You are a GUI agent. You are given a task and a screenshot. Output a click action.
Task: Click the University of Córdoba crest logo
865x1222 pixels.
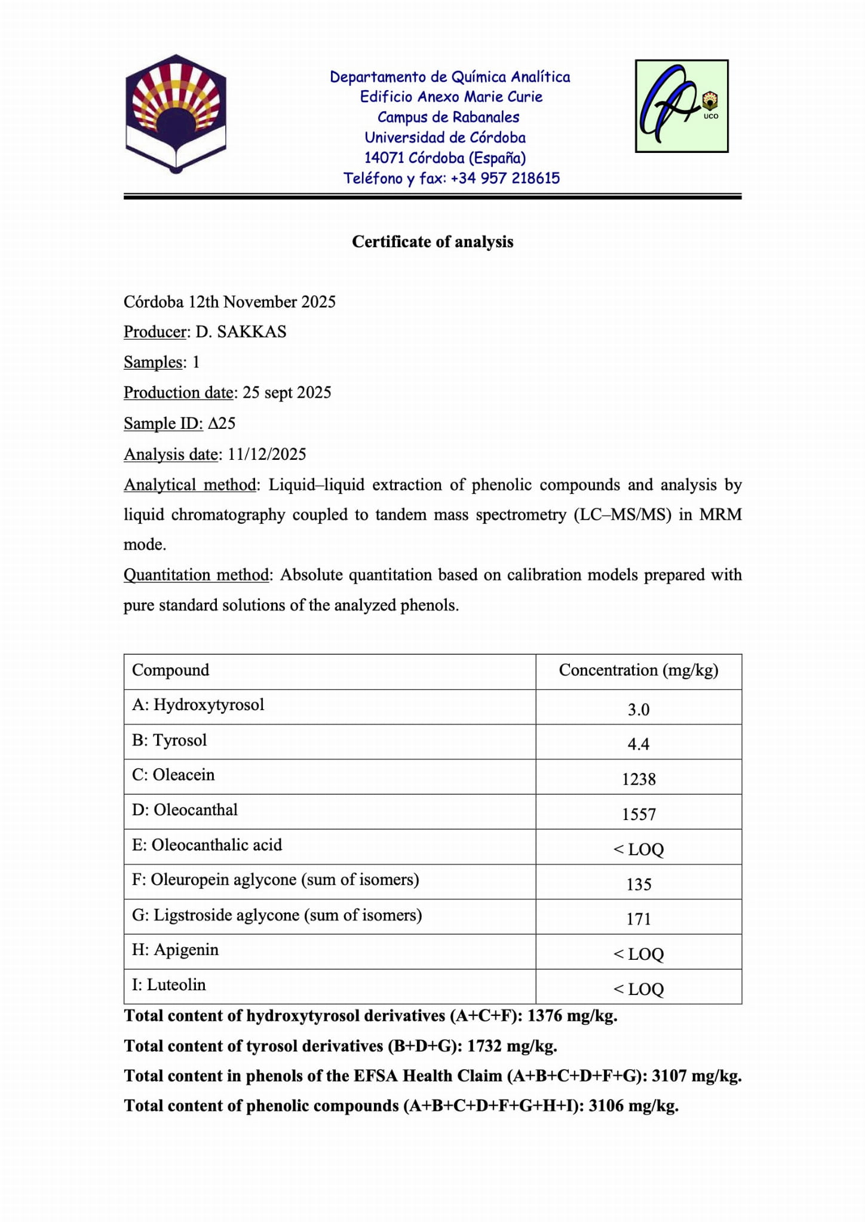(176, 113)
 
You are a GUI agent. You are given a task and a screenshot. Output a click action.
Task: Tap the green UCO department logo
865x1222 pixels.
(681, 106)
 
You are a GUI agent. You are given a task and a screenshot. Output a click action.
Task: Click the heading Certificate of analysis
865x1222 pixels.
(432, 242)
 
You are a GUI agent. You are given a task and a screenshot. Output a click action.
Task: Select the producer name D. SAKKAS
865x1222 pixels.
(241, 332)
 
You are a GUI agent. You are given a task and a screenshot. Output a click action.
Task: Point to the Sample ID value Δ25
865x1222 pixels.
(222, 423)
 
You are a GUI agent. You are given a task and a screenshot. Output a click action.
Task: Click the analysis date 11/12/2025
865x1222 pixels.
(267, 455)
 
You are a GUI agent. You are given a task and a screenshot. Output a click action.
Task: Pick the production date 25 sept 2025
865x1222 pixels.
(287, 393)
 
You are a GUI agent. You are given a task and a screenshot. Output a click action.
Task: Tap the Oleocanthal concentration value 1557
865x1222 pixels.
(639, 815)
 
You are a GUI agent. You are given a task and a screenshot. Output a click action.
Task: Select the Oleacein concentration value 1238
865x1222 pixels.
(639, 779)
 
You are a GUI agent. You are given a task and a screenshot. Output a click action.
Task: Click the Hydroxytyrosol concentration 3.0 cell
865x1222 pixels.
(639, 710)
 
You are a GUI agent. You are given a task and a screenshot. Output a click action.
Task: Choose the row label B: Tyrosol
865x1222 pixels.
(169, 741)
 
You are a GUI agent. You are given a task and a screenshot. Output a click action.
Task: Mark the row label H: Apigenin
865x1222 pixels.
(175, 950)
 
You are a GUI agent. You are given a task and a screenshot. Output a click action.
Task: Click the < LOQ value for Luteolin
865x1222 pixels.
(639, 990)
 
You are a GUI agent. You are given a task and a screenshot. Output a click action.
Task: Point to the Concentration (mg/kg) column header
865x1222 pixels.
(639, 671)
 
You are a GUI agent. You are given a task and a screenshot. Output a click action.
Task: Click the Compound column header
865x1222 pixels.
(171, 671)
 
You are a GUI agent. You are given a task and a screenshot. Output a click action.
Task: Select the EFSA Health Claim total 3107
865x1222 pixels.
(668, 1076)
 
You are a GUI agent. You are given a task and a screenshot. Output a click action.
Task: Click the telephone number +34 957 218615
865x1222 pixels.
(505, 179)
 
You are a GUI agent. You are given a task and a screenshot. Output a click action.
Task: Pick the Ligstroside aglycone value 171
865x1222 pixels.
(639, 919)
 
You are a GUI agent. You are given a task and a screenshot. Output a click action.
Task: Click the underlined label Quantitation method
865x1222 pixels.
(196, 575)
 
